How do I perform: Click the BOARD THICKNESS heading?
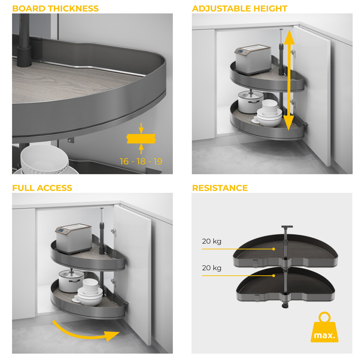tap(55, 8)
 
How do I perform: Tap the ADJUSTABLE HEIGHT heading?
tap(239, 8)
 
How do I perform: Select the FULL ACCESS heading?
tap(42, 188)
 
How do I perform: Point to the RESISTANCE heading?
tap(220, 188)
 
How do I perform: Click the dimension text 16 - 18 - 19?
tap(141, 161)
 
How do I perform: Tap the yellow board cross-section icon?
tap(141, 139)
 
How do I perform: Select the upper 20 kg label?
tap(211, 242)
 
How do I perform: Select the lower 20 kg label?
tap(211, 268)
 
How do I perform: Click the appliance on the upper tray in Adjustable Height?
tap(253, 59)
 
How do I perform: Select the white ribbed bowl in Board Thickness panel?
tap(44, 160)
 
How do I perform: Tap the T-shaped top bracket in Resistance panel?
tap(287, 227)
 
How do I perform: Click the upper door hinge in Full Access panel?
tap(114, 231)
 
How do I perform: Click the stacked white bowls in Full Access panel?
tap(90, 292)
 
